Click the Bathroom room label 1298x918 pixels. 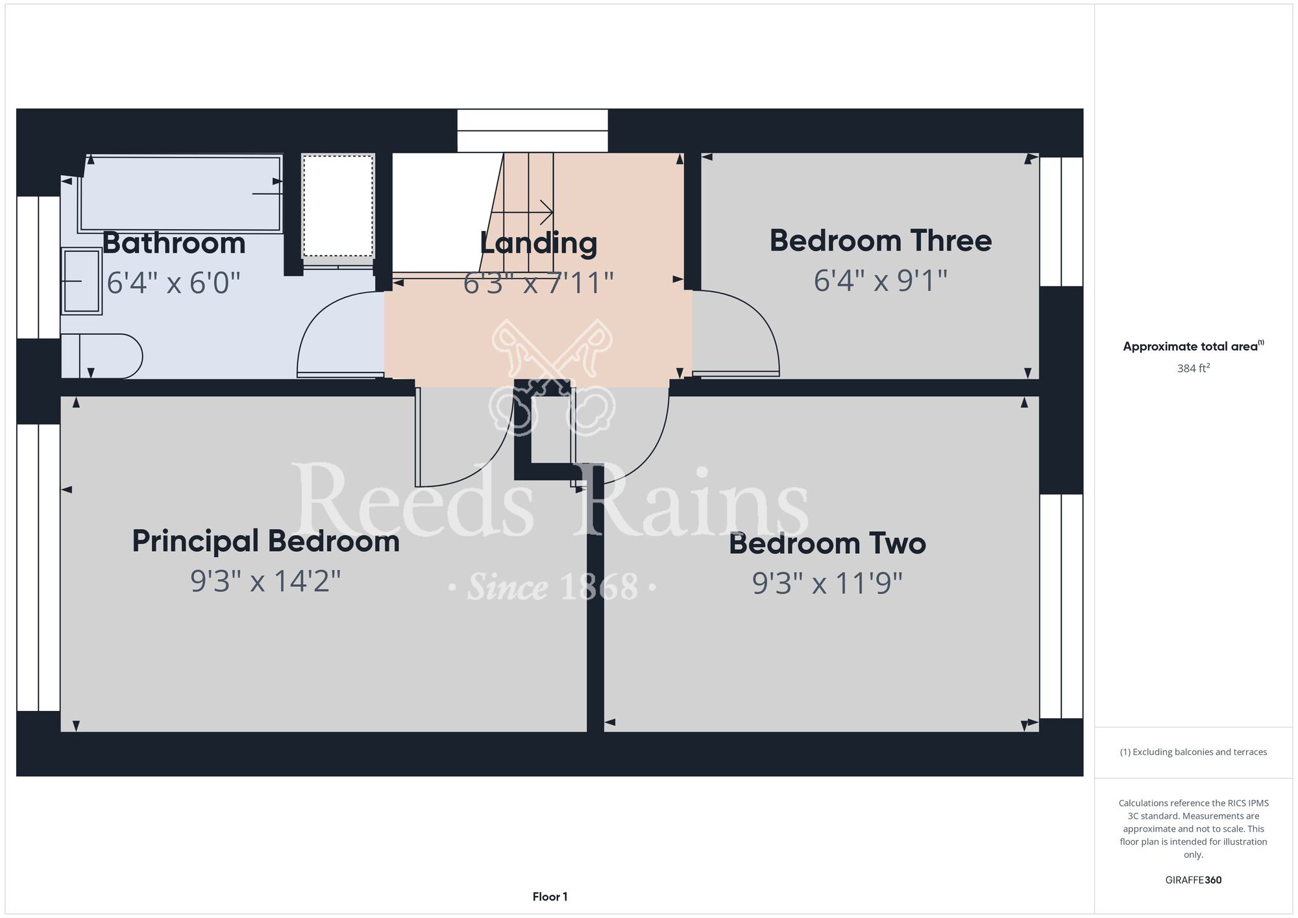click(174, 243)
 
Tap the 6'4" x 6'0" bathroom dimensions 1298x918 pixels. click(173, 283)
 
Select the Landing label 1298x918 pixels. click(539, 243)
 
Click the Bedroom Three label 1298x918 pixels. click(881, 241)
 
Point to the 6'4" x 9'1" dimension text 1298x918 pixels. click(881, 281)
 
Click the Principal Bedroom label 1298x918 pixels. click(265, 541)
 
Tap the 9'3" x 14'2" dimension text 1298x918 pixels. click(265, 581)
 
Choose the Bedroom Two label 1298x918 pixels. click(827, 543)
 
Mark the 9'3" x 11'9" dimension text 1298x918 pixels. click(827, 584)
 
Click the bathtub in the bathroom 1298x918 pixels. click(180, 193)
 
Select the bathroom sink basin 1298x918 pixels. click(82, 282)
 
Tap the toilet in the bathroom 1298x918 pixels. click(102, 356)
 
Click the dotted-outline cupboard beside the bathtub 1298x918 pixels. click(338, 206)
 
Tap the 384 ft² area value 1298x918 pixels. click(1194, 368)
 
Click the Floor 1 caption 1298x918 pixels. click(550, 897)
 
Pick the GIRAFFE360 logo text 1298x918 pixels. click(1194, 880)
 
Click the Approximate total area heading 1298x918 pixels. click(1194, 346)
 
